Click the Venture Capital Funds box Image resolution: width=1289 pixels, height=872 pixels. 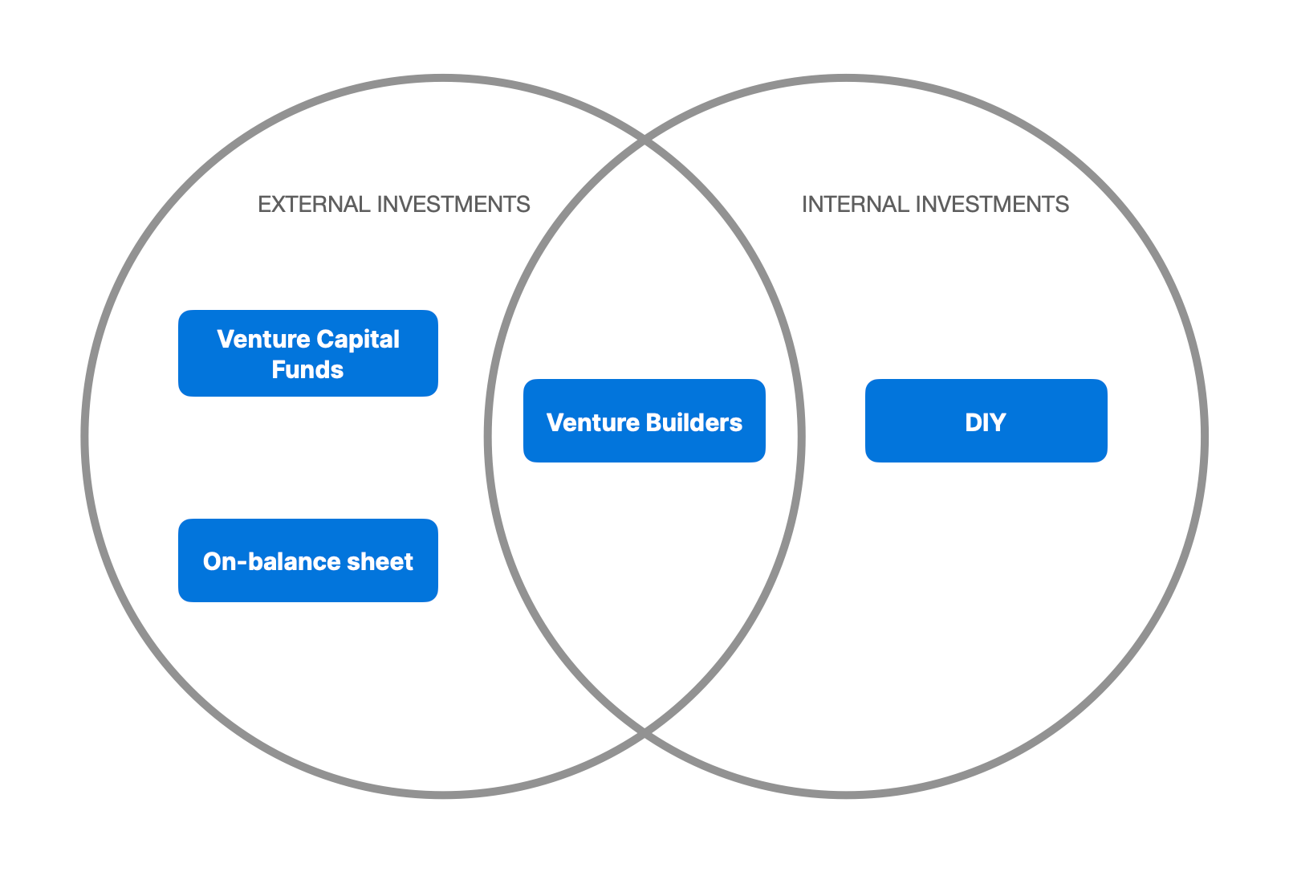click(x=308, y=352)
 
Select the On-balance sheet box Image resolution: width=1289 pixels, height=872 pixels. click(x=308, y=560)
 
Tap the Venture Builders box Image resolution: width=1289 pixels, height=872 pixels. click(x=644, y=420)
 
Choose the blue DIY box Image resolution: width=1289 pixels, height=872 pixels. click(x=986, y=420)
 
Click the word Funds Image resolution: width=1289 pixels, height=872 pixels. click(x=307, y=369)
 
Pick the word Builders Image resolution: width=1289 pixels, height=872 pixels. click(x=694, y=422)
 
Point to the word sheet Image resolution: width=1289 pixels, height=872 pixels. click(x=380, y=562)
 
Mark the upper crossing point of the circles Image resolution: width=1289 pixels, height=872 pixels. click(x=644, y=140)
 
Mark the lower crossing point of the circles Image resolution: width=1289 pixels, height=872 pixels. click(x=644, y=733)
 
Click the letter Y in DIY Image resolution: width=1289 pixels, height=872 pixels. click(x=998, y=422)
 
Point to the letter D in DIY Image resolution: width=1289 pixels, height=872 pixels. click(x=974, y=422)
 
